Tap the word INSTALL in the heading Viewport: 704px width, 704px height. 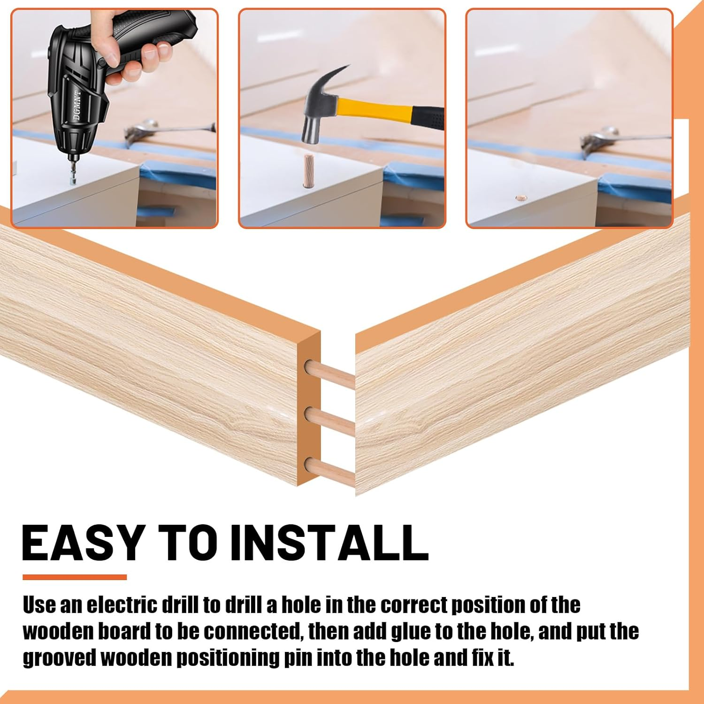[x=329, y=542]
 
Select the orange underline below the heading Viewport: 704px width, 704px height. [x=75, y=577]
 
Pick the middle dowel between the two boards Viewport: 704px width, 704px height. [x=330, y=422]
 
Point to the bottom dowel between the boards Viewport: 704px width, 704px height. [x=330, y=472]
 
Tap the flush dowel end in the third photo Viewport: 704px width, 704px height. [x=520, y=198]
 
